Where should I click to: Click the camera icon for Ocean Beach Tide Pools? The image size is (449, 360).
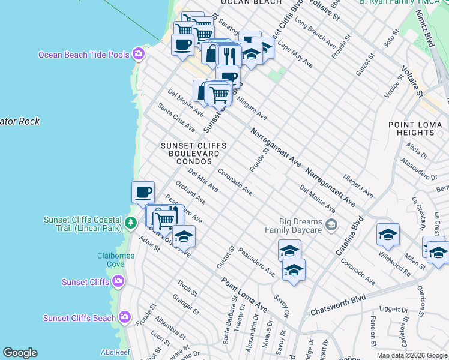click(x=139, y=55)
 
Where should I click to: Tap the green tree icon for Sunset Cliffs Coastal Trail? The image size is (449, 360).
click(x=131, y=223)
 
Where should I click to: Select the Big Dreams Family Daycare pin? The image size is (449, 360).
click(x=331, y=226)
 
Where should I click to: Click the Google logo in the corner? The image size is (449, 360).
click(x=20, y=353)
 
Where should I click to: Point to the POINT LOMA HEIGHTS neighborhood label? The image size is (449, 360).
click(x=415, y=128)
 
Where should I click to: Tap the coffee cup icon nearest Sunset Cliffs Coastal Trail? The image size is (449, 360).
click(x=143, y=193)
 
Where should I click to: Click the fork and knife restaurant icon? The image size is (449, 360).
click(x=229, y=56)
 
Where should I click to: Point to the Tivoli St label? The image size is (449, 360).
click(x=187, y=288)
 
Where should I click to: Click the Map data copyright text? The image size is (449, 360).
click(x=412, y=355)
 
